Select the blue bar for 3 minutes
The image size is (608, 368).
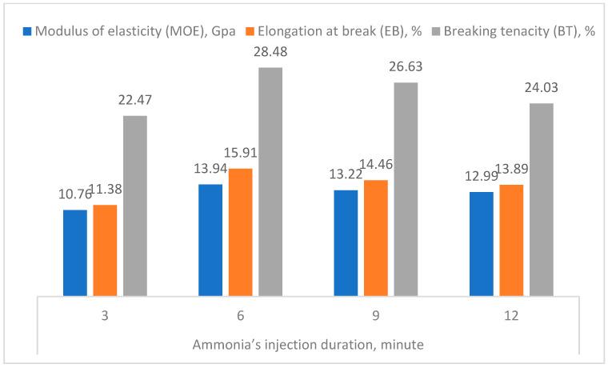pos(75,252)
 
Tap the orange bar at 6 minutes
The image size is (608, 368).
pos(240,232)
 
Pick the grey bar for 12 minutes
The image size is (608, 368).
pos(541,199)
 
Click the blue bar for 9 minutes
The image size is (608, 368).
pos(346,242)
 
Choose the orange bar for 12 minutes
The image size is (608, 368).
pos(511,240)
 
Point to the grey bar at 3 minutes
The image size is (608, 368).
pos(135,206)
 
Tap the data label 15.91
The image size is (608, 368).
pos(240,153)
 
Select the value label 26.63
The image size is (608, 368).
pos(406,66)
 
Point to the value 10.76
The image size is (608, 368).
pos(74,194)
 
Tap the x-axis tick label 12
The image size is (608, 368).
pos(511,317)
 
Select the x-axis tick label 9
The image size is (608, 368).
pos(375,317)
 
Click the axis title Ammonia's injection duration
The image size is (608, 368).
pos(307,346)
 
